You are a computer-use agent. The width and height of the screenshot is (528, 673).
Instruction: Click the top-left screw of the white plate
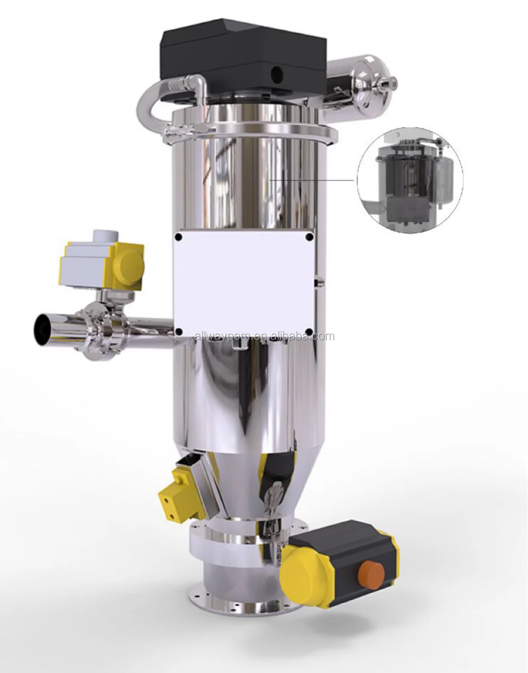coord(178,237)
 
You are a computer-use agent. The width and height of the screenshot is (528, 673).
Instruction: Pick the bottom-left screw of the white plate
coord(178,331)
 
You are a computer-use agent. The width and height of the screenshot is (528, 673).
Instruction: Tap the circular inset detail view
coord(409,179)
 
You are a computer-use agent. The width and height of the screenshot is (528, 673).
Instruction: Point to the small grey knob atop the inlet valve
coord(105,236)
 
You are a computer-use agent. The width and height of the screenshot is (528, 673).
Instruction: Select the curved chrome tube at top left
coord(152,98)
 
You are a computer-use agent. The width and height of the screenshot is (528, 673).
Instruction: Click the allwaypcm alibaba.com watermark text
coord(265,337)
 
